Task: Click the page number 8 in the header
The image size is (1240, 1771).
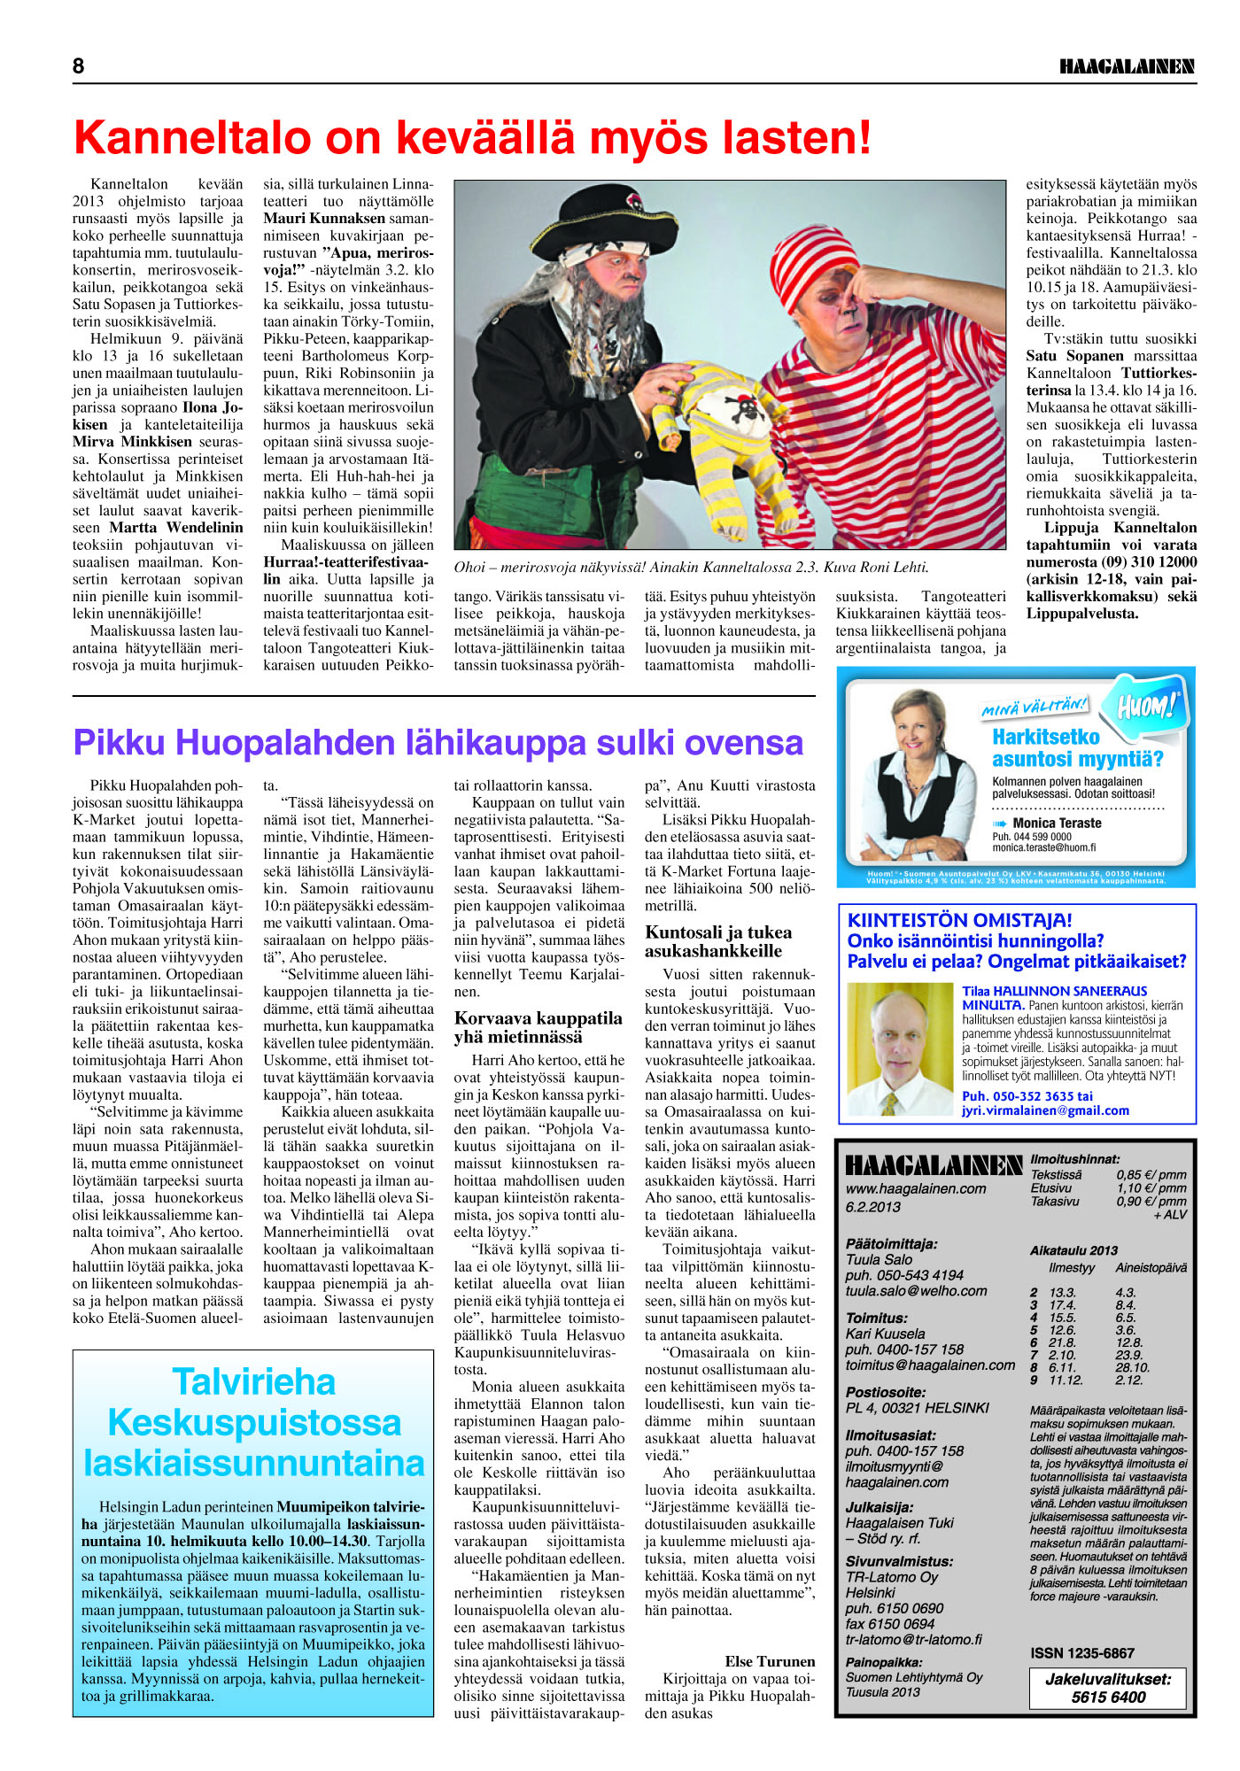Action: [79, 66]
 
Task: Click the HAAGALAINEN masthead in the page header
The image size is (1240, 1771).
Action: [1127, 66]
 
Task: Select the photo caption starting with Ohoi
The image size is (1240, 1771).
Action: [691, 568]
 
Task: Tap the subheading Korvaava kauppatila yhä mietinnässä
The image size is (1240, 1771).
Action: [539, 1027]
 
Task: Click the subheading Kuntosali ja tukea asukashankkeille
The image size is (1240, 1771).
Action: [718, 941]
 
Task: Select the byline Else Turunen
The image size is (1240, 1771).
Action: [770, 1661]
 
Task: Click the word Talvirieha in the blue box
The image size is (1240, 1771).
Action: [254, 1381]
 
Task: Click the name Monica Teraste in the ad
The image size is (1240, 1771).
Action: [1057, 823]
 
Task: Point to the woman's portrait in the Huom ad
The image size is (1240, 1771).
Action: [914, 770]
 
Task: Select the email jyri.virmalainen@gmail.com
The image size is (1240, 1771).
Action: [1045, 1110]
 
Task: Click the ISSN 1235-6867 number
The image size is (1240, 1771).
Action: [1081, 1653]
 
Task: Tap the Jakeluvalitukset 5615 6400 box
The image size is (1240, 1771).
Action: [1107, 1688]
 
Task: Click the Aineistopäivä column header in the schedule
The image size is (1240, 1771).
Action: [1151, 1268]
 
